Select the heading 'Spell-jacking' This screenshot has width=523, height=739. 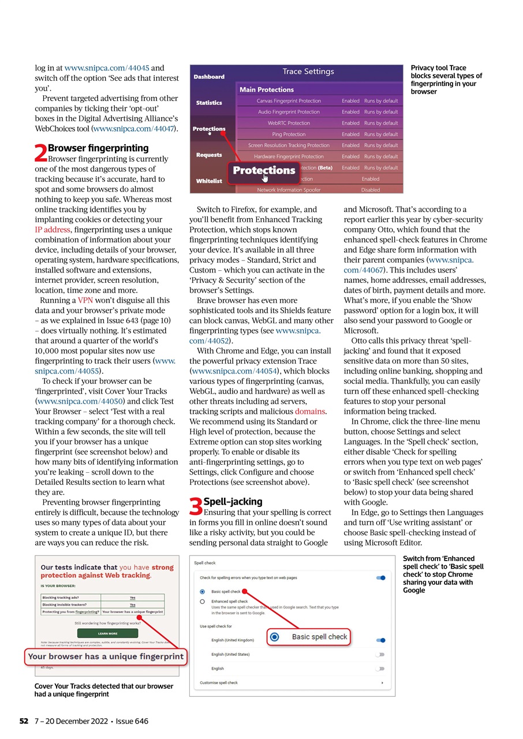(233, 502)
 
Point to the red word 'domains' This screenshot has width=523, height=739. (310, 412)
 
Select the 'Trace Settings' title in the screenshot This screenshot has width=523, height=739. (308, 72)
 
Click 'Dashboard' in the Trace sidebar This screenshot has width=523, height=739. (209, 77)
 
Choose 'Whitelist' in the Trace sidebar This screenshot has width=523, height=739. (208, 181)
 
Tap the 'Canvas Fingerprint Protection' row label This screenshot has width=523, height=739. (289, 101)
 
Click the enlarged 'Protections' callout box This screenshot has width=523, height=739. (264, 171)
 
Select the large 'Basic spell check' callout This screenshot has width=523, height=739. (309, 637)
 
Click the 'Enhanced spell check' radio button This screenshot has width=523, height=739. (202, 601)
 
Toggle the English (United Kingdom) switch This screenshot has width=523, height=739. (380, 640)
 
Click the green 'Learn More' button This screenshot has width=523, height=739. (107, 633)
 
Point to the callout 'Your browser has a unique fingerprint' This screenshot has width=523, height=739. (106, 656)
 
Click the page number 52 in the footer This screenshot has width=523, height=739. (24, 721)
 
